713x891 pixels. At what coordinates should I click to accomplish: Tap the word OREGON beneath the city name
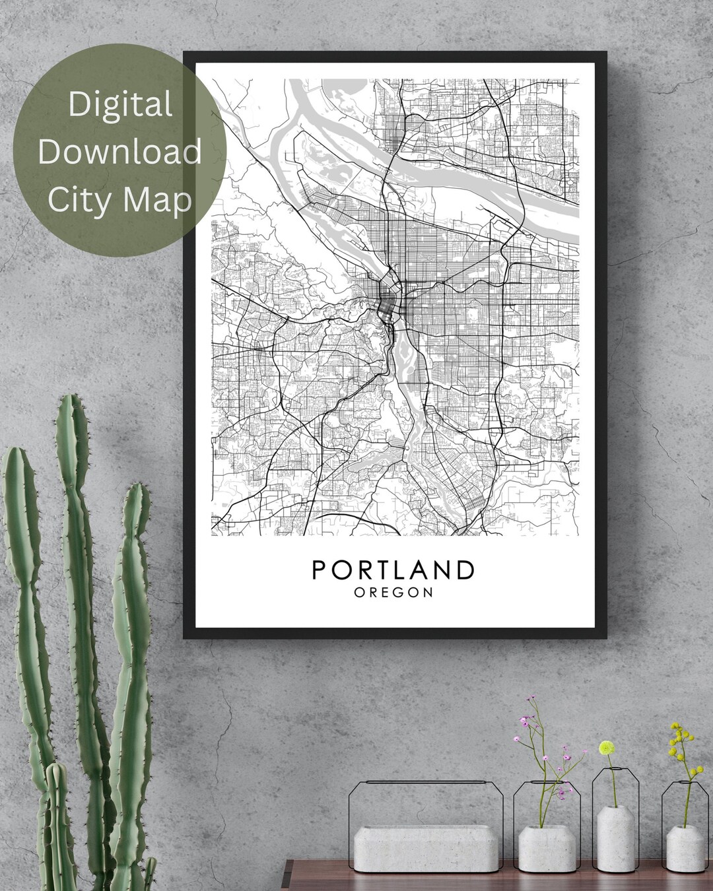pyautogui.click(x=393, y=593)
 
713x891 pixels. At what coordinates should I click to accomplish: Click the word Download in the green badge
pyautogui.click(x=119, y=152)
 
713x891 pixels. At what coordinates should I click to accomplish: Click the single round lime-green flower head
pyautogui.click(x=607, y=748)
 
